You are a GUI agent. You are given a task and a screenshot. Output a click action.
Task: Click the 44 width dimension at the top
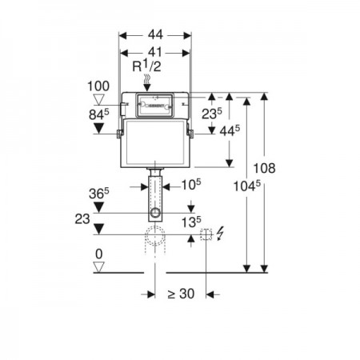click(155, 34)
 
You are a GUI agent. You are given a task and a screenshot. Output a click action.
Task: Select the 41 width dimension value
click(155, 52)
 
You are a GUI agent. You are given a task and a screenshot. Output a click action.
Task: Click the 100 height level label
click(98, 86)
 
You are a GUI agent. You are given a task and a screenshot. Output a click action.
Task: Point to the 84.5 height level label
click(99, 115)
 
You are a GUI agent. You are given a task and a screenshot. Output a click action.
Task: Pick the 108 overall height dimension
click(264, 168)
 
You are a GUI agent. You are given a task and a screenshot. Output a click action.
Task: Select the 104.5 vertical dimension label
click(246, 186)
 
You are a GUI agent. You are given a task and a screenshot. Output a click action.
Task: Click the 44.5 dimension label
click(230, 130)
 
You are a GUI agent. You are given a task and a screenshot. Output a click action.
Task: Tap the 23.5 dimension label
click(212, 114)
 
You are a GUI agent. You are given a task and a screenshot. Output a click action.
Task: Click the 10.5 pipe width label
click(191, 185)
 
